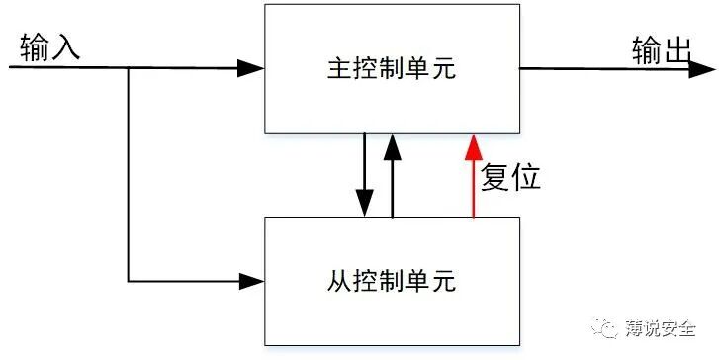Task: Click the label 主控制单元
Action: [392, 69]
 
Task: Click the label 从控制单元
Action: [392, 281]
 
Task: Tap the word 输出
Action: [661, 48]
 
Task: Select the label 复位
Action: [510, 177]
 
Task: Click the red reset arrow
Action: [474, 183]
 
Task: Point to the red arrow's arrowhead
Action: [474, 145]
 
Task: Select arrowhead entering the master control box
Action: [252, 68]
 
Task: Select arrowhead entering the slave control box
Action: [252, 280]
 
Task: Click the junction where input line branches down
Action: [129, 68]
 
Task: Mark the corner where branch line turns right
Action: [129, 280]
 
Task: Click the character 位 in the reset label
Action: [526, 177]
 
